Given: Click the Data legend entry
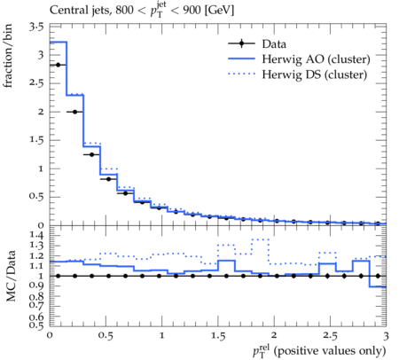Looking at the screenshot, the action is click(257, 43).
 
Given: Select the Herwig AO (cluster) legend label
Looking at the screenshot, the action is click(316, 59).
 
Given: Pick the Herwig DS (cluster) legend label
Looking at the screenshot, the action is click(315, 74).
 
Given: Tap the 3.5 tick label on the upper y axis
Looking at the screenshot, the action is click(36, 27).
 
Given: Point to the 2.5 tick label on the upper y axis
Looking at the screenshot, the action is click(36, 83).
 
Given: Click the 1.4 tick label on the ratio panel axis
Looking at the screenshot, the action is click(36, 236).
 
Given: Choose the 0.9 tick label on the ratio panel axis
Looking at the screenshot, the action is click(36, 286).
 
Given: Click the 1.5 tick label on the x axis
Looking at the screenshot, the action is click(218, 336).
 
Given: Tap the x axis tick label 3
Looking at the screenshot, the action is click(386, 336).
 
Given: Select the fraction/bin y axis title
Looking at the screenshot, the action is click(8, 56).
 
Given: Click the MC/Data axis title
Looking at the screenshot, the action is click(11, 276).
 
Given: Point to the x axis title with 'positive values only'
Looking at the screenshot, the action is click(319, 351).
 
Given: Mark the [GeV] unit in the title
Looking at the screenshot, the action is click(219, 11).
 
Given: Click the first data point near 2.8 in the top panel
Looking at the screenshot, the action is click(58, 65).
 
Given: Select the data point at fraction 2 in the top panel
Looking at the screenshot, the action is click(74, 112).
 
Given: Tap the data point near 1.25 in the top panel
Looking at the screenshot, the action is click(91, 154).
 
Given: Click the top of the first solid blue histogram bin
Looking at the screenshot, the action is click(59, 42).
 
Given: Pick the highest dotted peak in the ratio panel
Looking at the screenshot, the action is click(260, 239).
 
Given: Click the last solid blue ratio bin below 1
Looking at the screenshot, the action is click(378, 286).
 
